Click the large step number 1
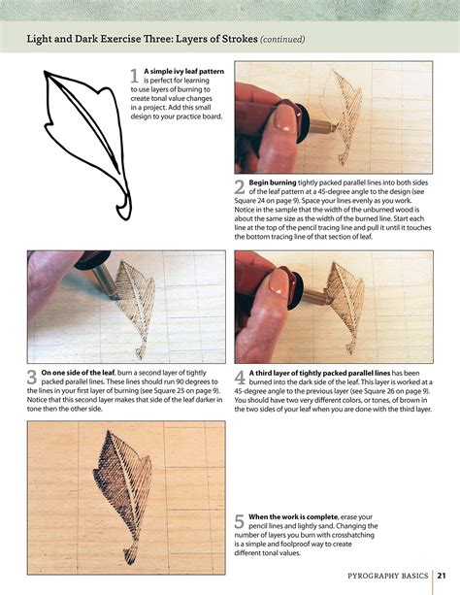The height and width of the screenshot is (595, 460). tap(135, 76)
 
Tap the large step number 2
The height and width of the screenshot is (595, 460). tap(240, 187)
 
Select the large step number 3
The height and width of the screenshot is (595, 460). tap(33, 378)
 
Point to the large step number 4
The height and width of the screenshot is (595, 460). tap(241, 378)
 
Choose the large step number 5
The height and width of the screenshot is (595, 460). tap(240, 521)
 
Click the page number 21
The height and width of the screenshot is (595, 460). tap(441, 575)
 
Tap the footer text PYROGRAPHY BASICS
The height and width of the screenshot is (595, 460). tap(388, 575)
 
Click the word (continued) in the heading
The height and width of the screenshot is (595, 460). tap(282, 40)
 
